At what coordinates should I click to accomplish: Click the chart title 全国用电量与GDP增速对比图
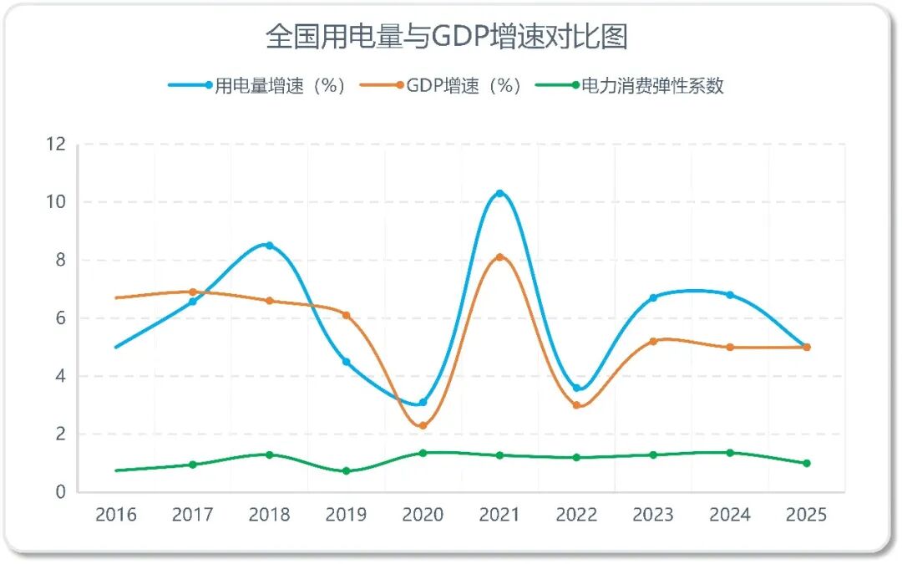447,36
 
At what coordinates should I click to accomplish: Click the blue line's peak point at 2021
499,194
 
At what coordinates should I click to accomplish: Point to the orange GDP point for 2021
499,257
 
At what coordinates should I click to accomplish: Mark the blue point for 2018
269,246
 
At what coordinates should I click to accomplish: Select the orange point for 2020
423,426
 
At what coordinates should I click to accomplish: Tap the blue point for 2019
346,362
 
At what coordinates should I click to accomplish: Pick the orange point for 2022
576,405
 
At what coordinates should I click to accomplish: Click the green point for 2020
423,453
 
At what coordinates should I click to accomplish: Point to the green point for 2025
807,463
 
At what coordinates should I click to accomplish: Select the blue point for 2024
730,295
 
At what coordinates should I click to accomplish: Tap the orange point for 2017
192,292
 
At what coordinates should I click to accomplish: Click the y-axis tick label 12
56,144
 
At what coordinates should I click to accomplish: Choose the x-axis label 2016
115,515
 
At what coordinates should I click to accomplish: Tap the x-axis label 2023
653,515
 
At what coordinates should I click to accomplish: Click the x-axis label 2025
807,515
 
